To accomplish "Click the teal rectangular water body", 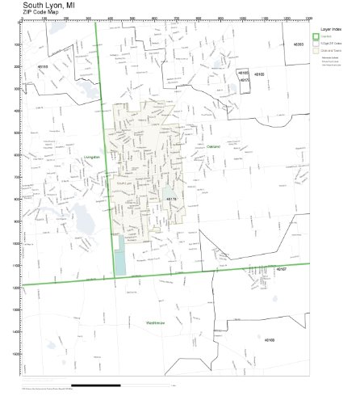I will point(121,256).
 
